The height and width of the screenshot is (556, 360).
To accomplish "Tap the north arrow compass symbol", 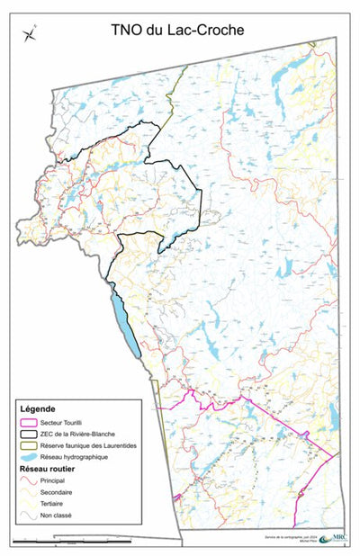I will click(x=31, y=35).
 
